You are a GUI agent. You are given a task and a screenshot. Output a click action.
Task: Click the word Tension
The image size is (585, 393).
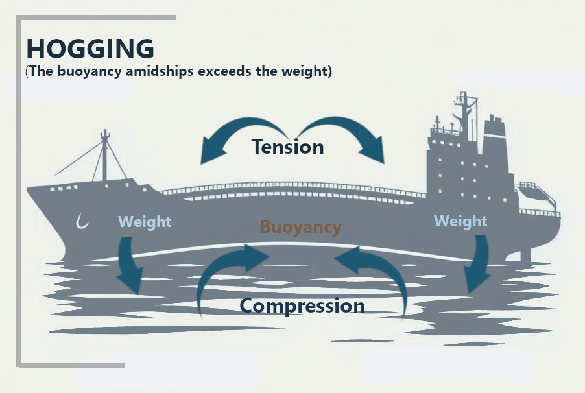pyautogui.click(x=287, y=147)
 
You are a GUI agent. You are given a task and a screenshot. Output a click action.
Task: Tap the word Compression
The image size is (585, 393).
pyautogui.click(x=302, y=305)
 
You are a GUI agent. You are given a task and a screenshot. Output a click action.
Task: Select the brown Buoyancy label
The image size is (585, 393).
pyautogui.click(x=300, y=227)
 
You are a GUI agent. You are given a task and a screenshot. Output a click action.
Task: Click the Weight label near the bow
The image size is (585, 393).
pyautogui.click(x=145, y=222)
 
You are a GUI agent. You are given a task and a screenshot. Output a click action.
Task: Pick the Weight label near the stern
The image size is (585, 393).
pyautogui.click(x=460, y=222)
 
